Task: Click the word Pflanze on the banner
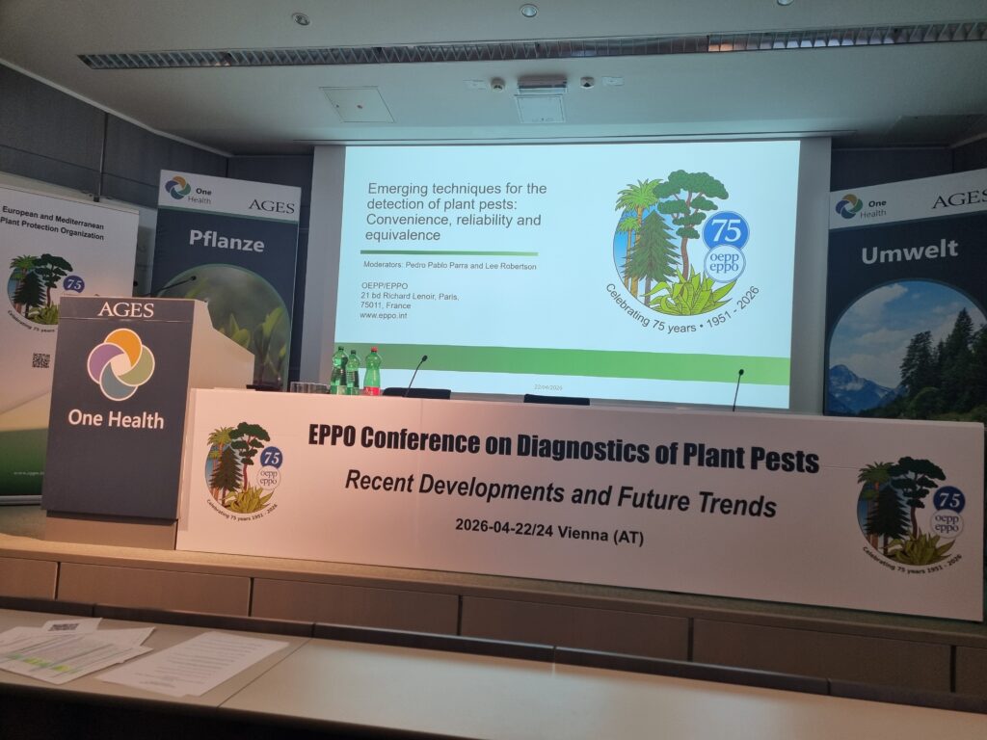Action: [x=225, y=242]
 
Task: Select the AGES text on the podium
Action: [x=125, y=309]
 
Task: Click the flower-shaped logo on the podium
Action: [x=120, y=364]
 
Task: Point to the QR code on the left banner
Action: [x=40, y=360]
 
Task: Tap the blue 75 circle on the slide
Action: [x=725, y=231]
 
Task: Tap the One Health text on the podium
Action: [x=115, y=419]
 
